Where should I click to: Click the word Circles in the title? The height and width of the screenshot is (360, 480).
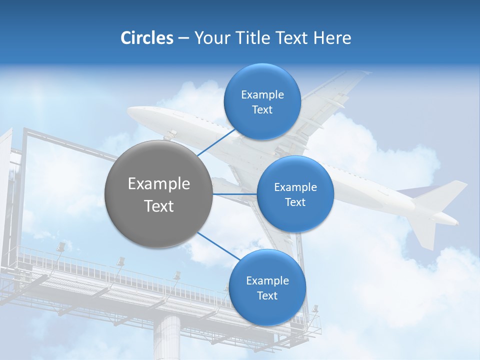(146, 38)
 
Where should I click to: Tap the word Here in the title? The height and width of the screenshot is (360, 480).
(332, 38)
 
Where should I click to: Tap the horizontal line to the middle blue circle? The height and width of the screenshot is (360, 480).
(234, 194)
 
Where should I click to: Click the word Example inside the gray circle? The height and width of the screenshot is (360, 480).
(158, 184)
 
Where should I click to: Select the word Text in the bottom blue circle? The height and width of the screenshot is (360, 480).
(267, 296)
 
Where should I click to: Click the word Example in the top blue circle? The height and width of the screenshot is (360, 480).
(262, 95)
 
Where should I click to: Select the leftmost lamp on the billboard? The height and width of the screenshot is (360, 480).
(61, 246)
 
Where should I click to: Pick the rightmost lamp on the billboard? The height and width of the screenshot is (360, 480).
(315, 308)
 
